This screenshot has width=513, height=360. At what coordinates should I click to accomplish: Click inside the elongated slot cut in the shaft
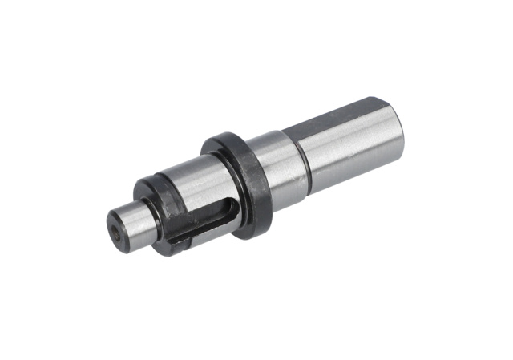pos(204,219)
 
